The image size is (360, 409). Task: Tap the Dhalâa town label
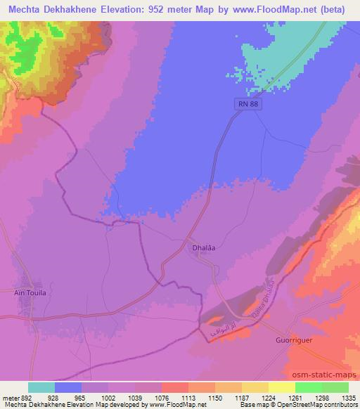click(x=200, y=247)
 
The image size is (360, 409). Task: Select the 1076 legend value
click(x=161, y=397)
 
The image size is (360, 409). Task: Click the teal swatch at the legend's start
click(x=41, y=387)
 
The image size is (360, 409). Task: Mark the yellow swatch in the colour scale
click(x=282, y=387)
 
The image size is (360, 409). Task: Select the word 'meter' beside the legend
click(x=11, y=397)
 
